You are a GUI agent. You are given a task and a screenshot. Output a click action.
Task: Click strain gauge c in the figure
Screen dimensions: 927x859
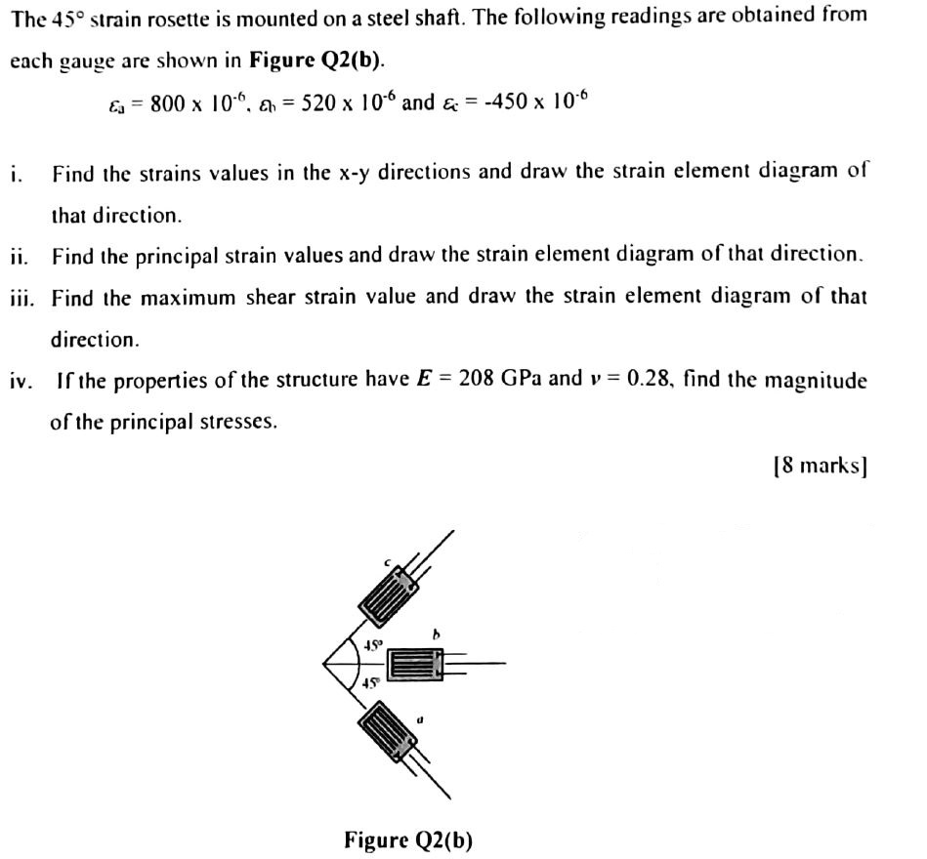pos(389,595)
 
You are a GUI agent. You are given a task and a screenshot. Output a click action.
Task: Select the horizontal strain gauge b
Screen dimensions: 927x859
pos(415,664)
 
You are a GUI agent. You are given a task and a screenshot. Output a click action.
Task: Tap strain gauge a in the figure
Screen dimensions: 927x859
pos(388,731)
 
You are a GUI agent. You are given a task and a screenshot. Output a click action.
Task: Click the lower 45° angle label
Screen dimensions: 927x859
pos(370,683)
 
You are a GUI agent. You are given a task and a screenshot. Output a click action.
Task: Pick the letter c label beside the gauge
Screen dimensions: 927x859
pos(387,562)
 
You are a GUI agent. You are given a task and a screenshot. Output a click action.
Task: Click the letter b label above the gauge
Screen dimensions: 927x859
pos(437,634)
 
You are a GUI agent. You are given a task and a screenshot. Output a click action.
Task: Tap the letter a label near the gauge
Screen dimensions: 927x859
pos(420,720)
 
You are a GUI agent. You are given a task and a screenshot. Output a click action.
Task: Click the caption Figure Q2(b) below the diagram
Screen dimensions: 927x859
pos(408,839)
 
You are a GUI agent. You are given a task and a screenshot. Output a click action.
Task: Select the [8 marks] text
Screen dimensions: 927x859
pos(821,466)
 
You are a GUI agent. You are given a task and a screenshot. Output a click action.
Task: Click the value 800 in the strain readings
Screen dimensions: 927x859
pos(167,104)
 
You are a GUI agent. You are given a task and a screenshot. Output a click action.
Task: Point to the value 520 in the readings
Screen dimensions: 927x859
pos(318,103)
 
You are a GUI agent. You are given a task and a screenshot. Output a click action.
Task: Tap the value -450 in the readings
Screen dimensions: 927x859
pos(506,102)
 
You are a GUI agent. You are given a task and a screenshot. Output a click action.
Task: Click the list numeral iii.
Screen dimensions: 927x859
pos(21,298)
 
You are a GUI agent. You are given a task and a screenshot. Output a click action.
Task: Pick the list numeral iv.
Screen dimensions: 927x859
pos(21,381)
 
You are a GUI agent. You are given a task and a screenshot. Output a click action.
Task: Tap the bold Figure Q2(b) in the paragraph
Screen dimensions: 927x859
pos(316,60)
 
